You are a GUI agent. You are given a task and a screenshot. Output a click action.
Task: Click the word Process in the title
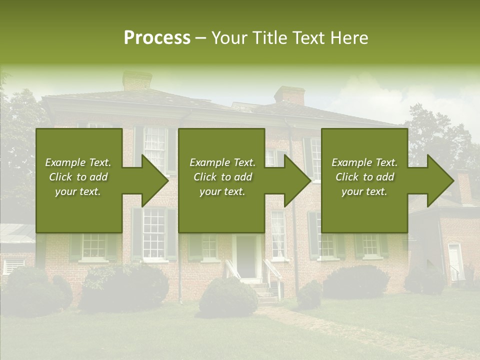pos(157,38)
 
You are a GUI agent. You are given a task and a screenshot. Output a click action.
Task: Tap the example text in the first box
pos(78,177)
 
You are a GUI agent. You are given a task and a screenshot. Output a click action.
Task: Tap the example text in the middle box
pos(222,177)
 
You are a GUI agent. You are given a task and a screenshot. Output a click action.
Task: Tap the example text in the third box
pos(364,177)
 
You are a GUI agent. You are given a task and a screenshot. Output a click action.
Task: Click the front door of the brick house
pos(246,256)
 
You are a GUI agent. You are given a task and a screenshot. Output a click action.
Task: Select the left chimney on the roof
pos(137,80)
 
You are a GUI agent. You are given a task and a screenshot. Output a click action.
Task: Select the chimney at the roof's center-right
pos(289,95)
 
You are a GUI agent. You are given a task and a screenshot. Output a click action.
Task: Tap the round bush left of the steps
pos(228,297)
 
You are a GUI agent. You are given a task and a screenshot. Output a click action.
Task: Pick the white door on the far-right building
pos(455,262)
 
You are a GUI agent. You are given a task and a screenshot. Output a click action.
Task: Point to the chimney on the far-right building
pos(464,186)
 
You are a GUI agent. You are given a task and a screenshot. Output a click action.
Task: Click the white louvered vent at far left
pos(13,266)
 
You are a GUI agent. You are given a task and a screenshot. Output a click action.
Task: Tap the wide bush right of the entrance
pos(356,282)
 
